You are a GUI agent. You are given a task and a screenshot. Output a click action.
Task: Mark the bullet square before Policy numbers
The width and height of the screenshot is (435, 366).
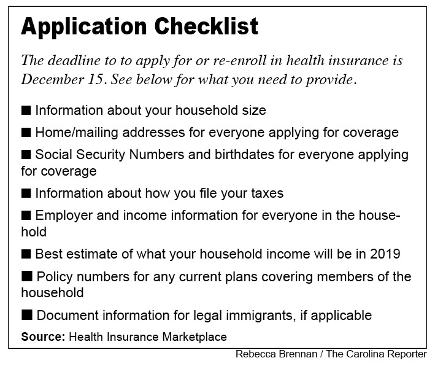[x=26, y=277]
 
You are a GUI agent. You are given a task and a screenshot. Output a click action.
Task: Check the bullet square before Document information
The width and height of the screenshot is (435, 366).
[x=26, y=316]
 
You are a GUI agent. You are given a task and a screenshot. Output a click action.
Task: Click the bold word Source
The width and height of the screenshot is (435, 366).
[x=44, y=337]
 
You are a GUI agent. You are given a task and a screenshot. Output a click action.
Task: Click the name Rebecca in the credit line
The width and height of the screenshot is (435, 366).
[x=256, y=354]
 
